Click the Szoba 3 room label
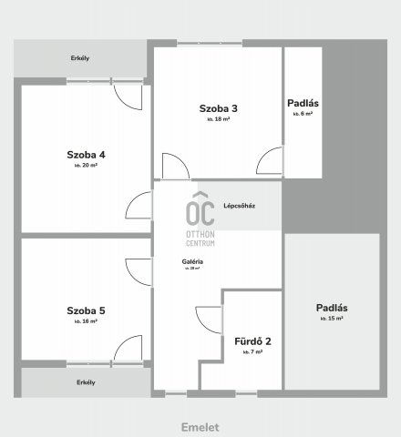[217, 108]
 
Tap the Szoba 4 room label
[86, 155]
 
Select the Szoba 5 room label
[86, 310]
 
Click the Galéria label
[191, 262]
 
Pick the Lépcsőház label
[239, 205]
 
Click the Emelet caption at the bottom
[200, 426]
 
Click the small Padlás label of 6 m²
[302, 103]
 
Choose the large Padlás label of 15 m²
[331, 308]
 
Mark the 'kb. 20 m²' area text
[86, 167]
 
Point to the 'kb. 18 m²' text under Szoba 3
[217, 119]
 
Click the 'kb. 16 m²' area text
[86, 322]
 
